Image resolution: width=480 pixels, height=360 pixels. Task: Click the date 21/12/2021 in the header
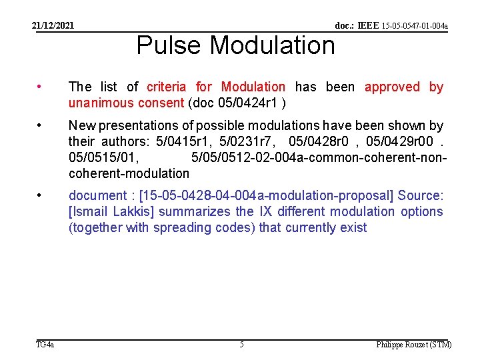(53, 26)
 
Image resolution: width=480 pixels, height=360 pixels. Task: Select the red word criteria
(167, 87)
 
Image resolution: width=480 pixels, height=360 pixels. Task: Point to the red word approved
(392, 87)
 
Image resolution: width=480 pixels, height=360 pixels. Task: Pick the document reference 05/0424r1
(247, 103)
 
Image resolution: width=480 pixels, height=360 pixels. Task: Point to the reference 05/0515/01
(103, 157)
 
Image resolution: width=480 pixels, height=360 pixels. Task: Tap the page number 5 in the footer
(241, 345)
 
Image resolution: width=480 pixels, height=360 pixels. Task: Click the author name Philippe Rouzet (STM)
(413, 345)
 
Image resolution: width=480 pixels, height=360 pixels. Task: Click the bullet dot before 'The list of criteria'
(41, 87)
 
